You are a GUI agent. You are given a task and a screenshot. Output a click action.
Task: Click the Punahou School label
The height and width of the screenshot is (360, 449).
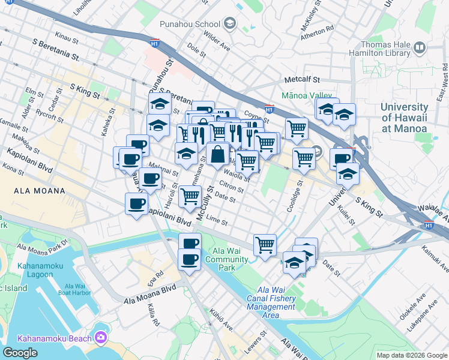[190, 25]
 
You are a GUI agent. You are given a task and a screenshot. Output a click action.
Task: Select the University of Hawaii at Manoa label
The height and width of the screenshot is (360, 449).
[404, 118]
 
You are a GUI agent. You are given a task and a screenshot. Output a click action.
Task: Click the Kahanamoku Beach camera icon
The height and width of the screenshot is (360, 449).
[100, 338]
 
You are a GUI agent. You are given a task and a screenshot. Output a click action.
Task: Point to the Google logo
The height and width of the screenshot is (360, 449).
[20, 353]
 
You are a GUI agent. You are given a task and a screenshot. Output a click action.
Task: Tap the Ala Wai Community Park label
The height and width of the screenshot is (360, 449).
[226, 259]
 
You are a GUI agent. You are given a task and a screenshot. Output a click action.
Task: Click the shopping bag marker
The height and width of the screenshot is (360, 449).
[217, 155]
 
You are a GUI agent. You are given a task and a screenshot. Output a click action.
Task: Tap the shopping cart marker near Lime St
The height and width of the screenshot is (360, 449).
[190, 195]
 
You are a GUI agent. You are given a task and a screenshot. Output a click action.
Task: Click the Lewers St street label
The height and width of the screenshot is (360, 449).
[255, 341]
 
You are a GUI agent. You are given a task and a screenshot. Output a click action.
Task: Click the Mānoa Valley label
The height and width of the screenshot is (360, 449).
[307, 95]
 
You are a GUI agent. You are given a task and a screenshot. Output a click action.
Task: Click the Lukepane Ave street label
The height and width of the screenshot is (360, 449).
[420, 316]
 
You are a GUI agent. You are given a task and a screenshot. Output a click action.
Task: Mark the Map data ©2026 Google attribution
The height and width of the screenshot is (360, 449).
[411, 355]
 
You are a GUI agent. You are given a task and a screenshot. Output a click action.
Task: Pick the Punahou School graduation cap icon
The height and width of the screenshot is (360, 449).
[229, 25]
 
